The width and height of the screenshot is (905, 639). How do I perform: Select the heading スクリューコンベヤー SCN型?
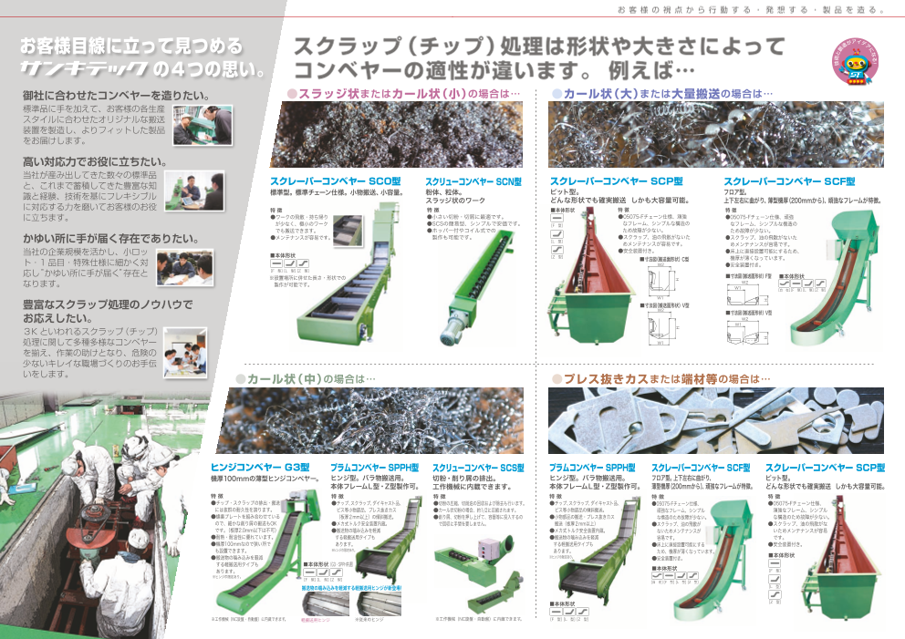click(473, 181)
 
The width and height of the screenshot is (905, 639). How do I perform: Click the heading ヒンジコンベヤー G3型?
click(259, 467)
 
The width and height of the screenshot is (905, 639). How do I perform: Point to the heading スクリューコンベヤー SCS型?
click(479, 467)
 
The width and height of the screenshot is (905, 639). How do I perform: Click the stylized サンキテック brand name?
click(84, 68)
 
